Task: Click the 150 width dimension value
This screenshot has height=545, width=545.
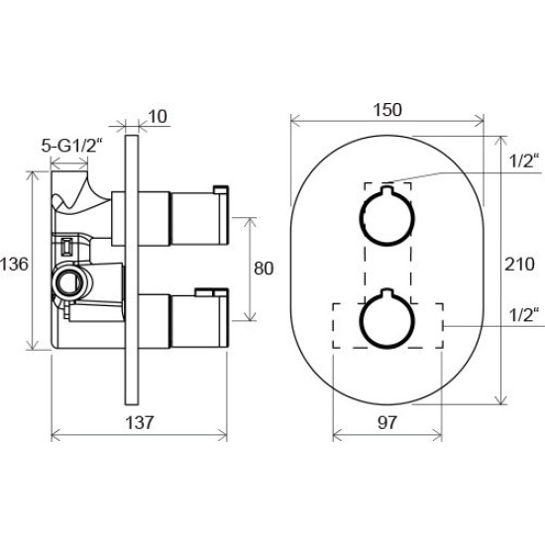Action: (387, 110)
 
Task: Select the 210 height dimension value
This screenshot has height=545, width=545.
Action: (519, 264)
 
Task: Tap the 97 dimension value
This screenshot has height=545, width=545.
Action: (386, 422)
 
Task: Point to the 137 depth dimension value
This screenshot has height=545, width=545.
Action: (139, 422)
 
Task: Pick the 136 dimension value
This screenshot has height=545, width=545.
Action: (14, 264)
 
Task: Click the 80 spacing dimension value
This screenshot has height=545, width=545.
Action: (264, 269)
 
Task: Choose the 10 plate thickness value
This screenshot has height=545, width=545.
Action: (158, 117)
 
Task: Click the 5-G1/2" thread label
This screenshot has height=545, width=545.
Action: (72, 146)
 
